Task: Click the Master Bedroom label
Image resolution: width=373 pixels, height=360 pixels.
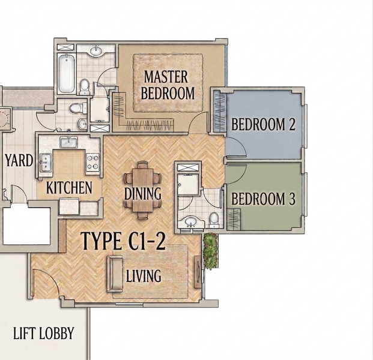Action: tap(168, 85)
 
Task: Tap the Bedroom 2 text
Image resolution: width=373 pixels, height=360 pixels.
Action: tap(263, 124)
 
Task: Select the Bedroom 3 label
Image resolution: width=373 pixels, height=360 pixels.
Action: tap(263, 199)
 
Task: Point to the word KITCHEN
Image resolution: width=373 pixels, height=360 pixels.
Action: tap(69, 187)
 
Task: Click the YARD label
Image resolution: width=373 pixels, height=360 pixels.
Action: tap(19, 160)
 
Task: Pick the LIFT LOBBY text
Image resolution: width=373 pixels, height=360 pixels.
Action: tap(43, 333)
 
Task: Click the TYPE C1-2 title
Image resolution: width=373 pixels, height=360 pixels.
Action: tap(123, 241)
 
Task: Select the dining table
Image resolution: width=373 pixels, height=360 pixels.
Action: tap(143, 190)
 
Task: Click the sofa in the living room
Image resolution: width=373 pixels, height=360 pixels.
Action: tap(114, 274)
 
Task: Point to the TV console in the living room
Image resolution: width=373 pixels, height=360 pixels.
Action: tap(198, 272)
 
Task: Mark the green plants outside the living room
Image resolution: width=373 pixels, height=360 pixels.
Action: tap(211, 251)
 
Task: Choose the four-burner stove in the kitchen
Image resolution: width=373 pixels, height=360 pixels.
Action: tap(92, 162)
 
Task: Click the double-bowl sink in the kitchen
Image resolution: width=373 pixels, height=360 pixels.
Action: tap(46, 162)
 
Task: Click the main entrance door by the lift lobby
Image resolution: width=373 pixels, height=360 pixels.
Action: tap(45, 283)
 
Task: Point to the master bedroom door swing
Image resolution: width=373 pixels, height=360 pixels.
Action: tap(198, 122)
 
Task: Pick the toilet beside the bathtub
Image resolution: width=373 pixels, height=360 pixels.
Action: tap(85, 86)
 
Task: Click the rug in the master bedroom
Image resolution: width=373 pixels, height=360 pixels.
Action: tap(168, 83)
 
